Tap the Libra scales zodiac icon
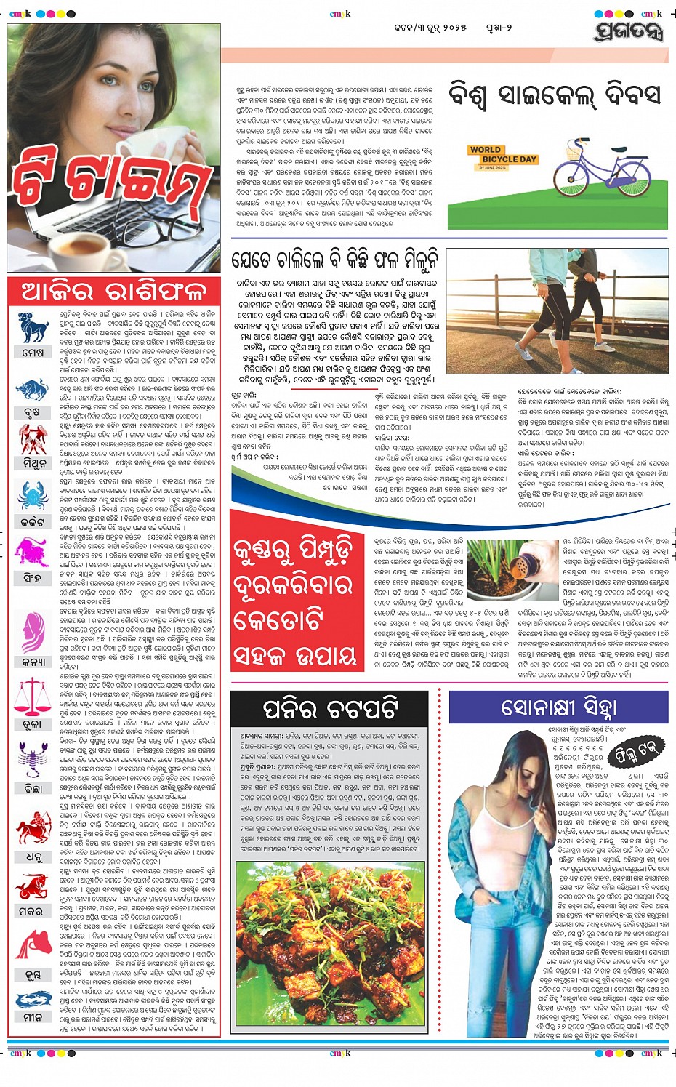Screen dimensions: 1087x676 pos(32,694)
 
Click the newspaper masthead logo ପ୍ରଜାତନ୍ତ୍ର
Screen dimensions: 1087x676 pos(628,31)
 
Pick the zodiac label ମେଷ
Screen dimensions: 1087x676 pos(33,353)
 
